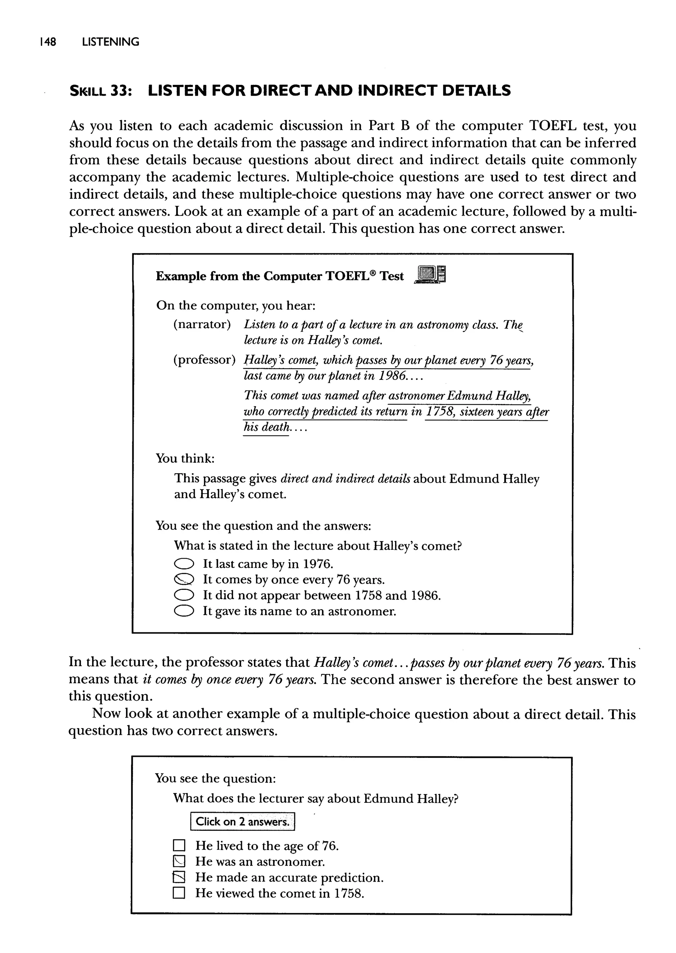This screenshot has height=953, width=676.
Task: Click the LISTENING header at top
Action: point(111,42)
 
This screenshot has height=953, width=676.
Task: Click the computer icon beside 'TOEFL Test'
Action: point(430,275)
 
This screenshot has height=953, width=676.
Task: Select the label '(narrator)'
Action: point(202,324)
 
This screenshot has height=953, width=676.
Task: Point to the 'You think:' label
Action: point(185,458)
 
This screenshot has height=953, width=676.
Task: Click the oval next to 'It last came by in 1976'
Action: point(184,564)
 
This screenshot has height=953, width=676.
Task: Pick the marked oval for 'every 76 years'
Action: point(184,580)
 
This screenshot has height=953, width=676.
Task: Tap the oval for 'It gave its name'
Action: point(184,611)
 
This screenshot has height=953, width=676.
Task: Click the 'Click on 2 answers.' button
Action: point(242,822)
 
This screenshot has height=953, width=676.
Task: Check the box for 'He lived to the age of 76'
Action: point(179,846)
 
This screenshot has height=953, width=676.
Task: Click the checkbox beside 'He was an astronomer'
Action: point(179,862)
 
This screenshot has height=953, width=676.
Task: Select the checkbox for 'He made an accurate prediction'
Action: point(179,877)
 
